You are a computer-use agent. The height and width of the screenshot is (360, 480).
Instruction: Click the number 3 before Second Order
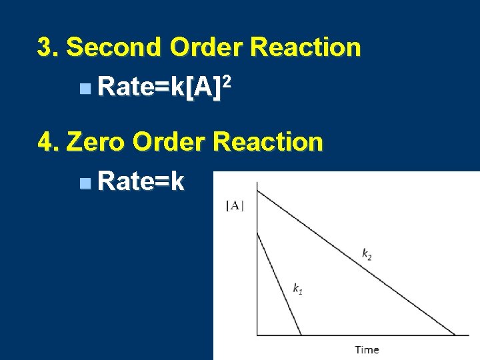(x=45, y=47)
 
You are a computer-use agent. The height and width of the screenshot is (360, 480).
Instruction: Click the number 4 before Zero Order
(x=46, y=142)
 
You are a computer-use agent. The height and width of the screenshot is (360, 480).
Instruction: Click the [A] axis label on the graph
(x=235, y=206)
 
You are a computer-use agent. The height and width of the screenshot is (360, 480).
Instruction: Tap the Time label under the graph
(x=367, y=349)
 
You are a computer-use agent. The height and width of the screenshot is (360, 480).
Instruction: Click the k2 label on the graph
(x=367, y=253)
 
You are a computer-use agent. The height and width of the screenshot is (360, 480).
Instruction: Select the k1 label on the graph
(x=298, y=288)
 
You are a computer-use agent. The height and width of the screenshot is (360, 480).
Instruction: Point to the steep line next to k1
(x=279, y=283)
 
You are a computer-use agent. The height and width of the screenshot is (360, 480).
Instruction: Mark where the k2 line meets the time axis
(x=456, y=335)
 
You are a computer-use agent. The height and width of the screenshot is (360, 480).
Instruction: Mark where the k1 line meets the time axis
(x=301, y=335)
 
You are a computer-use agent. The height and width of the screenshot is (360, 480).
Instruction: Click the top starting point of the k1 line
(x=258, y=232)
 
